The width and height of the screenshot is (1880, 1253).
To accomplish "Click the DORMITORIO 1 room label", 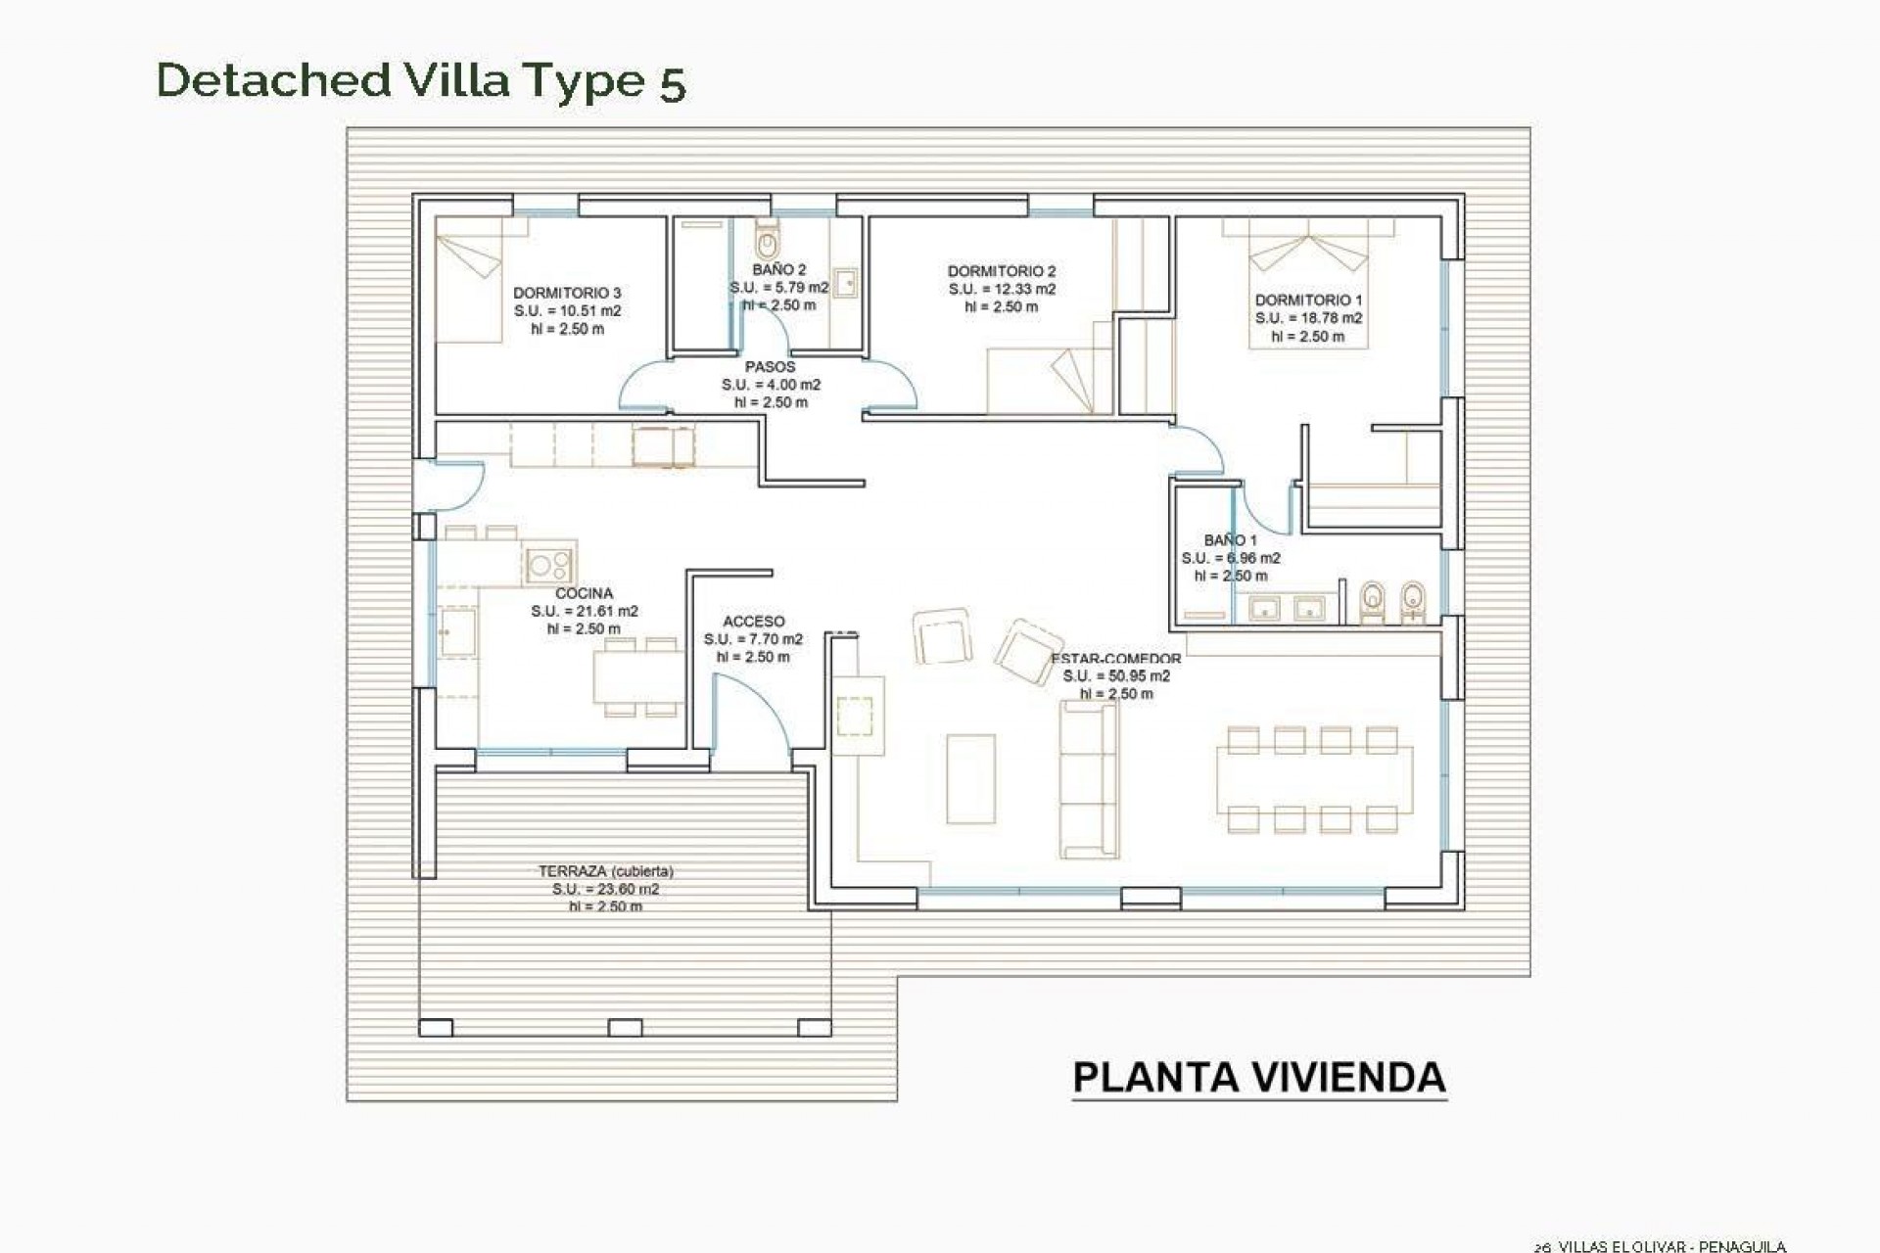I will point(1308,301).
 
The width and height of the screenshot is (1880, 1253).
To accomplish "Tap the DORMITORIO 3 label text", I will point(567,293).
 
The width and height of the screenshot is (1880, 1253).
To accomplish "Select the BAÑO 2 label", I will point(779,269).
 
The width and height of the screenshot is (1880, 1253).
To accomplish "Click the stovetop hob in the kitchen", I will point(548,565).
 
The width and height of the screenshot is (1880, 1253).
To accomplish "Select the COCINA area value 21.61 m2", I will point(585,611).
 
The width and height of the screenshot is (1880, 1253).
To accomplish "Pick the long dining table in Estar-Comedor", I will point(1314,779).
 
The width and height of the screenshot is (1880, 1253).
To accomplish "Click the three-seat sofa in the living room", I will point(1088,779).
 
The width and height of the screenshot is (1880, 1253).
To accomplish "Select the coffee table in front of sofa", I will point(970,779).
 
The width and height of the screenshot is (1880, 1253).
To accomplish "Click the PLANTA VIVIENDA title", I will point(1259,1078).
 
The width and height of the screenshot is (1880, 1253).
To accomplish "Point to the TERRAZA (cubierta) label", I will point(606,871).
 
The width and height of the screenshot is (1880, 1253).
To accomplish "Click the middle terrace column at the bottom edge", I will point(626,1028).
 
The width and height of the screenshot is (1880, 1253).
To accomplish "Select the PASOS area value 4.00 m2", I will point(771,385).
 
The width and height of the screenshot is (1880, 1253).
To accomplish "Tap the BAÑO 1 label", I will point(1230,540).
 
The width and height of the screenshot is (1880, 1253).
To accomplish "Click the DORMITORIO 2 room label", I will point(1002,271).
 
